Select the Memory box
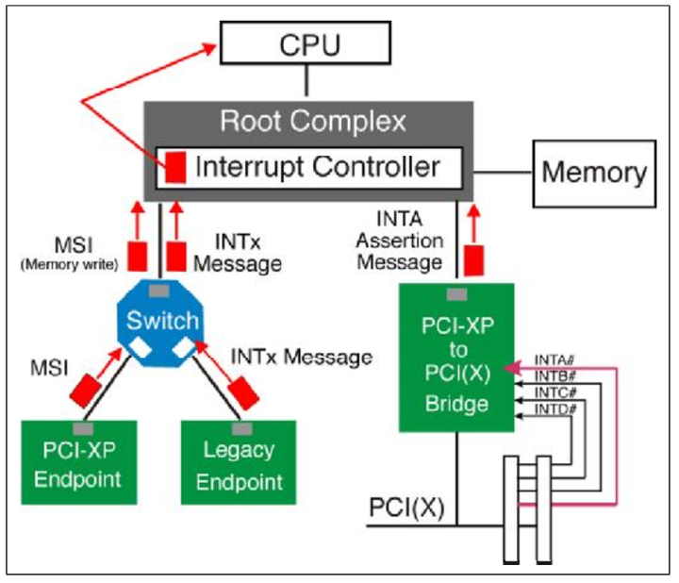coord(593,173)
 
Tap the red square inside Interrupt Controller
coord(175,168)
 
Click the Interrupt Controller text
coord(317,167)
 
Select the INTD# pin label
coord(555,408)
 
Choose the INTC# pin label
coord(555,391)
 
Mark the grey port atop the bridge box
coord(455,291)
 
